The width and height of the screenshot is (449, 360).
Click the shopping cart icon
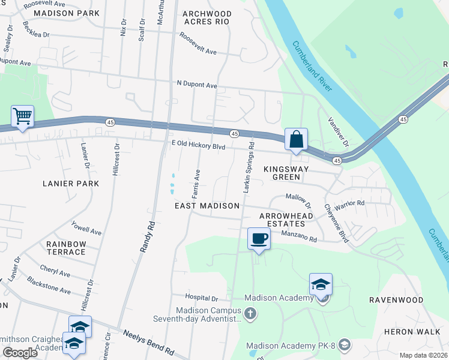[22, 116]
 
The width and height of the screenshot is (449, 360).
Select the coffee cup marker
[259, 238]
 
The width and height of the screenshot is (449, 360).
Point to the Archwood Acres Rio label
[206, 17]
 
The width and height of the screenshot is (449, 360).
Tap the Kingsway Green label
[286, 173]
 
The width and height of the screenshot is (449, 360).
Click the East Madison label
[207, 206]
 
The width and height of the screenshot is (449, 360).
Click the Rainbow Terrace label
[66, 248]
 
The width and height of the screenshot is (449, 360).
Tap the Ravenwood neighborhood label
[396, 299]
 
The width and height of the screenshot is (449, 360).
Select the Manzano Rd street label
[298, 236]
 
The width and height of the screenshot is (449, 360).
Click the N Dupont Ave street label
[196, 85]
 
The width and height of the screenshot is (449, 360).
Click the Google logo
[20, 353]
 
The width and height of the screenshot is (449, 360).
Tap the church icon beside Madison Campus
[250, 313]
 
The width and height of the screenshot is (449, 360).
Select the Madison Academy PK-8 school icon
[344, 344]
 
